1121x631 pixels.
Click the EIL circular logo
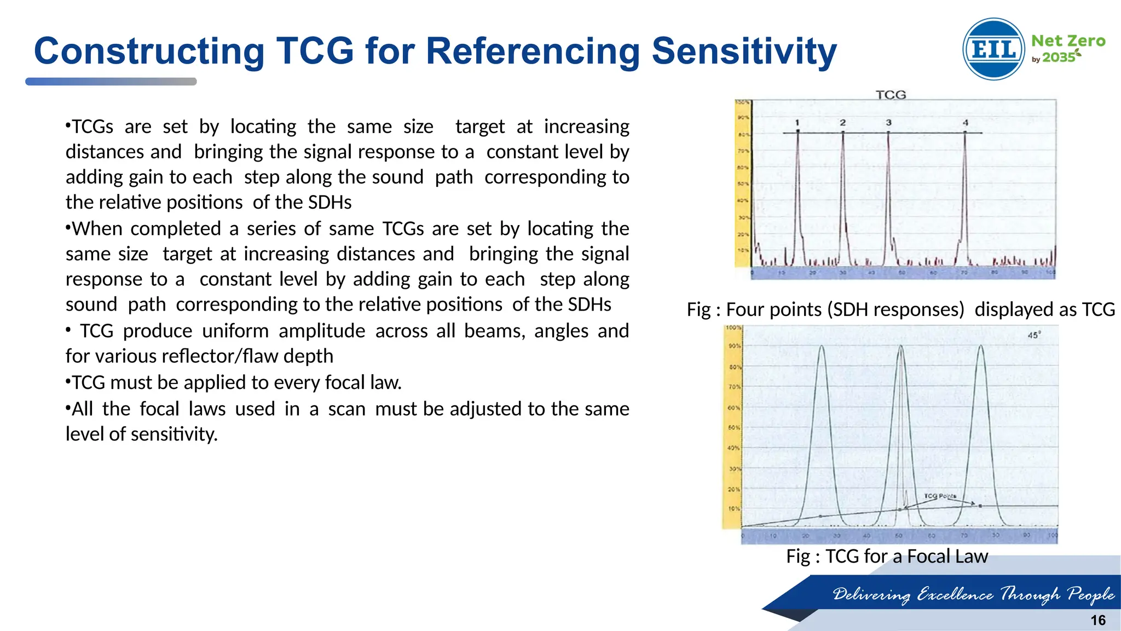click(x=993, y=49)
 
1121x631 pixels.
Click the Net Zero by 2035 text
click(x=1067, y=48)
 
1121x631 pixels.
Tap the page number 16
click(x=1097, y=620)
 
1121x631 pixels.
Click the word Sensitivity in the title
click(x=744, y=51)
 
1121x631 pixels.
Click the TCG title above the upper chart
click(x=891, y=95)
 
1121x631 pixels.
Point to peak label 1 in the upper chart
click(x=798, y=123)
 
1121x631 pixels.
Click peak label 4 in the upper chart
click(x=966, y=123)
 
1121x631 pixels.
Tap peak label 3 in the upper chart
click(x=888, y=123)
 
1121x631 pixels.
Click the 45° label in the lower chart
click(x=1033, y=335)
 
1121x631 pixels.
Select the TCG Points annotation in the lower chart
click(x=940, y=496)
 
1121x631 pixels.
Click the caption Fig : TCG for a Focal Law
click(x=887, y=557)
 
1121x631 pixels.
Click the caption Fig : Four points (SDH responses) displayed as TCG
click(x=900, y=309)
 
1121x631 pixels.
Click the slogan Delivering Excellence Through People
click(x=973, y=594)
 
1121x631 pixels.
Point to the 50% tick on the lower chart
click(x=733, y=428)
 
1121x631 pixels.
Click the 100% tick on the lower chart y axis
click(x=733, y=328)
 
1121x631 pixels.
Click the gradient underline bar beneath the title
click(x=111, y=82)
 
